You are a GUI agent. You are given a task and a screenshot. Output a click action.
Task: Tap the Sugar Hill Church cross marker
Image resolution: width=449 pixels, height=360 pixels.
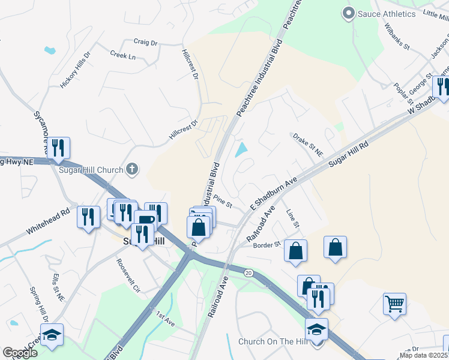[133, 170]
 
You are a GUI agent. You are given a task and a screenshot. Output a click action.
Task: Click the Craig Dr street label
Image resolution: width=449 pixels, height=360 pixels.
[145, 43]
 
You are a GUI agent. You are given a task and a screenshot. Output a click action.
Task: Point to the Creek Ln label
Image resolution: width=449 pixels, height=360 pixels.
[123, 56]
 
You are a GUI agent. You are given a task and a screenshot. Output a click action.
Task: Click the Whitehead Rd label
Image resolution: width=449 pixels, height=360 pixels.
[48, 221]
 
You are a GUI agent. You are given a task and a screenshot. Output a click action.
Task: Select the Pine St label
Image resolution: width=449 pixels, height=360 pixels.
[223, 202]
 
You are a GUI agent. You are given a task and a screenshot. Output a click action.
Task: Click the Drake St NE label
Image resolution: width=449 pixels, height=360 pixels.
[308, 146]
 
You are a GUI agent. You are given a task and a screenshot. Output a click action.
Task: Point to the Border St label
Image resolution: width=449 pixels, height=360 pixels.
[267, 245]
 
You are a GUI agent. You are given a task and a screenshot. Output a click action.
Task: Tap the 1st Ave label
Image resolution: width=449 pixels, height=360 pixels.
[165, 319]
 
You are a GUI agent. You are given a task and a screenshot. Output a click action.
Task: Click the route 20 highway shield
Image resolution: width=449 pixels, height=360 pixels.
[249, 273]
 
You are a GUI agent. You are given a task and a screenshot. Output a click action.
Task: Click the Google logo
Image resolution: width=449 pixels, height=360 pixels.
[20, 353]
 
